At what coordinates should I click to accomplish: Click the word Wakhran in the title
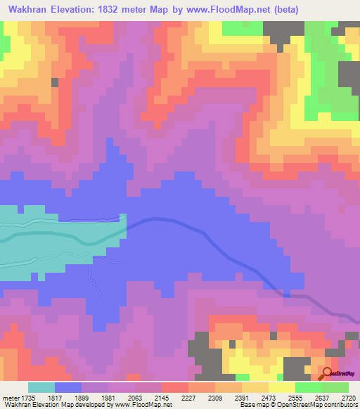click(x=30, y=10)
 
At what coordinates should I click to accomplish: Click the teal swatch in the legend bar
click(x=41, y=388)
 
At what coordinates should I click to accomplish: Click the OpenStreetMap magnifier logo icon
click(x=326, y=373)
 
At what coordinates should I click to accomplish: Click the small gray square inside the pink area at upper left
click(x=55, y=82)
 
